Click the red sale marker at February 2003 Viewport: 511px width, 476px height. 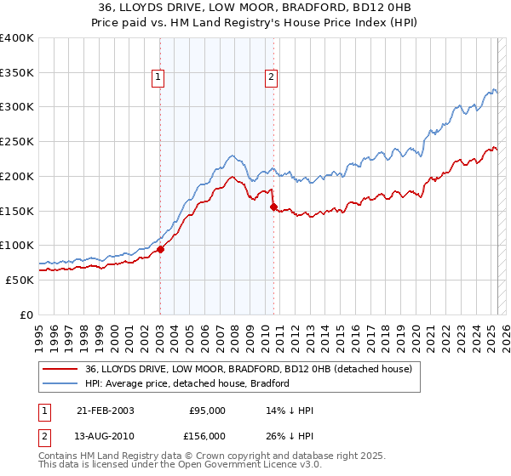[x=160, y=249]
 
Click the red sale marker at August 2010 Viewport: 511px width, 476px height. [x=273, y=207]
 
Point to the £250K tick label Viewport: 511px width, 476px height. [x=17, y=142]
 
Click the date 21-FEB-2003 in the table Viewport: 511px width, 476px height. [x=106, y=410]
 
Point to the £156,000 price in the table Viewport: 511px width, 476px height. [x=207, y=436]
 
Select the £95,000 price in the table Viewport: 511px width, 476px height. [x=207, y=410]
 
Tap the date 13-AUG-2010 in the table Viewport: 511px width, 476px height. [x=106, y=436]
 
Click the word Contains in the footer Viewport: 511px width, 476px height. [x=59, y=456]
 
